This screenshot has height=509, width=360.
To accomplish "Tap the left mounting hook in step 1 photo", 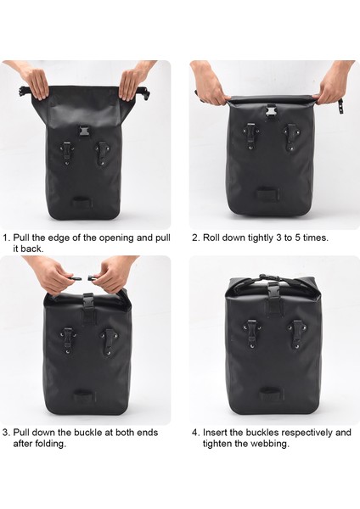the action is pos(67,153).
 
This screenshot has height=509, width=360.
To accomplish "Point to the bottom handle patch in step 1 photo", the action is pos(82,202).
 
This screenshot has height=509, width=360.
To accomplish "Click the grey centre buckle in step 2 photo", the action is pos(270,111).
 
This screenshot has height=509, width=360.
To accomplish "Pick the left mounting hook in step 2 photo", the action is pos(250,136).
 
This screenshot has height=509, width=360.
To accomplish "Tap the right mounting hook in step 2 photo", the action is pos(290,137).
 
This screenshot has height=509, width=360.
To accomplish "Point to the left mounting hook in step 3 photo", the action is pos(68,340).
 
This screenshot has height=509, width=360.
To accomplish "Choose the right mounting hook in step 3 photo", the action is pos(108,342).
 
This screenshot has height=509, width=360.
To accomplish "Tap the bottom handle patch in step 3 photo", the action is pos(84,395).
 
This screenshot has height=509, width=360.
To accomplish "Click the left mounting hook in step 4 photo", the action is pos(251,333).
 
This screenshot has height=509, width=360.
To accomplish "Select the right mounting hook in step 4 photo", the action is pos(296,334).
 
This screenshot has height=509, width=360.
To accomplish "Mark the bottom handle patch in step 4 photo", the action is pos(272,394).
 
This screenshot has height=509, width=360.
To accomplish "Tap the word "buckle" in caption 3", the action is pos(88,433).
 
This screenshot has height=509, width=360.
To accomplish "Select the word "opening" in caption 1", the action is pos(116,238).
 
